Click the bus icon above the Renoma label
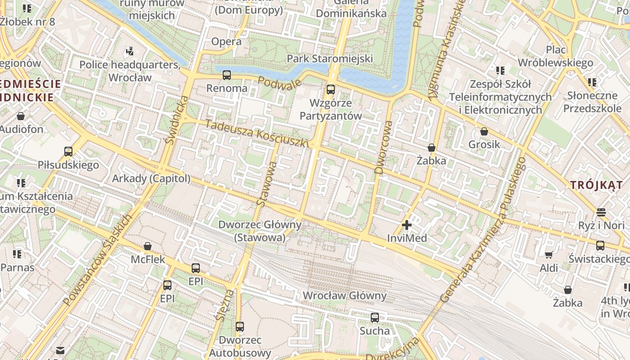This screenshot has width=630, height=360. coord(227,75)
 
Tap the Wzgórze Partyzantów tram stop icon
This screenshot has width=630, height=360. coord(331,89)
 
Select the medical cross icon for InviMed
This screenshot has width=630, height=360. coord(407,225)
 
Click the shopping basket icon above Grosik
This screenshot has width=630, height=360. coord(484,131)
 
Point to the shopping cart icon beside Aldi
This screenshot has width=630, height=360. coord(549,255)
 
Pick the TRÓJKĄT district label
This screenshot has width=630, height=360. coord(597,184)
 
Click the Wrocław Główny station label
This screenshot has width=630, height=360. coord(345,296)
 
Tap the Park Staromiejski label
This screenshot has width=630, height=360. coord(330,58)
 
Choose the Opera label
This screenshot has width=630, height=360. coord(226,41)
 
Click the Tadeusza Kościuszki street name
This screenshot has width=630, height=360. coord(257,133)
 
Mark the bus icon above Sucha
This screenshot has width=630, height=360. coord(375,318)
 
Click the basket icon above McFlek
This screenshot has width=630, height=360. coord(148,246)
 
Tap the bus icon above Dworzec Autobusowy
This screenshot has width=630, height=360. coord(240,326)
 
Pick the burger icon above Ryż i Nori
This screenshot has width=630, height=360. coord(601,211)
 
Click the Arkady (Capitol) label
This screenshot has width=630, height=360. coord(151,179)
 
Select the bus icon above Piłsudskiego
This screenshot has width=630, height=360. coord(68,151)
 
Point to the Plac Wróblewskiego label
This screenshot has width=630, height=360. coord(556,56)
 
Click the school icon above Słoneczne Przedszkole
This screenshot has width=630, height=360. coord(592,82)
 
